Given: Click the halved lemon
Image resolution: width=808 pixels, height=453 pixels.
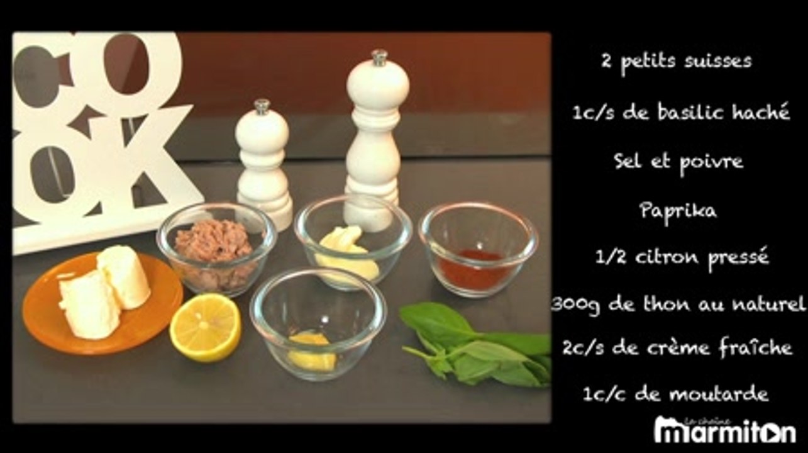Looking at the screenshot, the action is click(x=205, y=327).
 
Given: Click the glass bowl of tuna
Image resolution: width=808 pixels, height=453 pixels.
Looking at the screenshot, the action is click(x=216, y=249).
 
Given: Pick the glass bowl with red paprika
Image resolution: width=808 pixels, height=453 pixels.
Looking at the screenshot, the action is click(x=479, y=250).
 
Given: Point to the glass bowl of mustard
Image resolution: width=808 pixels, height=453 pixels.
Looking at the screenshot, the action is click(x=318, y=325).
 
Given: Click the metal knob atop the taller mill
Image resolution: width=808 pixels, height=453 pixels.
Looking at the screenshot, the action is click(x=379, y=58).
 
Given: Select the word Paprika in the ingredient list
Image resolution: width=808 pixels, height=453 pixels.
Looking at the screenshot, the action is click(x=678, y=211).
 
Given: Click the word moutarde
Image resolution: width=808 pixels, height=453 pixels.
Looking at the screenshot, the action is click(x=719, y=394).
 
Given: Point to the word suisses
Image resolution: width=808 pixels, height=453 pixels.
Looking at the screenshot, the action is click(x=718, y=62).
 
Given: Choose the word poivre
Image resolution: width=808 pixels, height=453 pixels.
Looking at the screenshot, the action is click(x=711, y=162).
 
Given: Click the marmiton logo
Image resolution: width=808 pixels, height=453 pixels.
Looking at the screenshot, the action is click(x=725, y=430).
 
